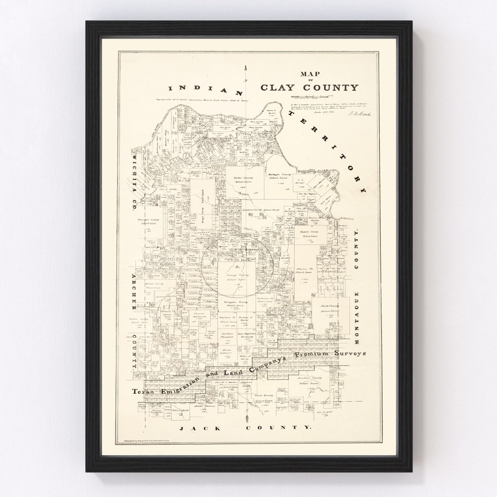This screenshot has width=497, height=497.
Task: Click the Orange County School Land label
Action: coord(236,277)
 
